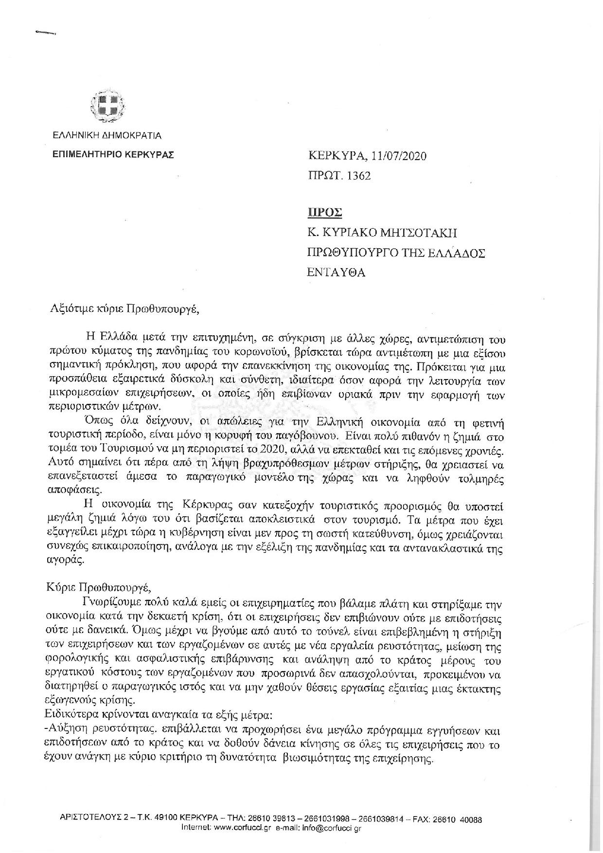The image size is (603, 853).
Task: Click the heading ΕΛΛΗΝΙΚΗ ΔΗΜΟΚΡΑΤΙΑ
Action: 107,136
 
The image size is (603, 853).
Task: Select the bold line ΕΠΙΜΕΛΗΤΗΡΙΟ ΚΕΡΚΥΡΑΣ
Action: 113,154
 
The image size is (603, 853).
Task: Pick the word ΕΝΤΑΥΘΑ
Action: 336,272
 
